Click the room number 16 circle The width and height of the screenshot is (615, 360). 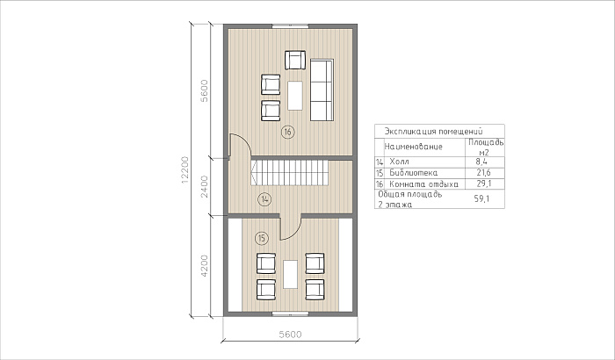pos(288,133)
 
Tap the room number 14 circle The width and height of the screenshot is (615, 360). pos(264,199)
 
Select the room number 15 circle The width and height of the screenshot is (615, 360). pos(262,238)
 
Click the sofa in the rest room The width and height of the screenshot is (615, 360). pos(322,90)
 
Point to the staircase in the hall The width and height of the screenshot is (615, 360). pos(290,173)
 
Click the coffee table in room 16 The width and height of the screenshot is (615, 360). pos(295,96)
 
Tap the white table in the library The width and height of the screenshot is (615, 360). pos(290,274)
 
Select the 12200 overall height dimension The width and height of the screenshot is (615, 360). pos(185,169)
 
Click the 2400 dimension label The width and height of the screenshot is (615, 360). pos(204,186)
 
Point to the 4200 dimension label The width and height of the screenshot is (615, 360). pos(204,266)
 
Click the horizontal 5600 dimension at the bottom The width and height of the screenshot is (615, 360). pos(290,335)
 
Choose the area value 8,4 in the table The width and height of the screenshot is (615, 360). pos(481,162)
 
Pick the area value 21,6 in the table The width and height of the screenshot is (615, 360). pos(483,173)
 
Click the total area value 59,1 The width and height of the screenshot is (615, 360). pos(481,198)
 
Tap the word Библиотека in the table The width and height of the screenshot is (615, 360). pos(414,173)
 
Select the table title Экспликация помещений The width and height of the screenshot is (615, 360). pos(433,131)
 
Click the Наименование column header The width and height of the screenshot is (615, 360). pos(414,147)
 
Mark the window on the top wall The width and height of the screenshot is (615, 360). pos(290,26)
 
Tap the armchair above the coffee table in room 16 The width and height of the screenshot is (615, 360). pos(295,60)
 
